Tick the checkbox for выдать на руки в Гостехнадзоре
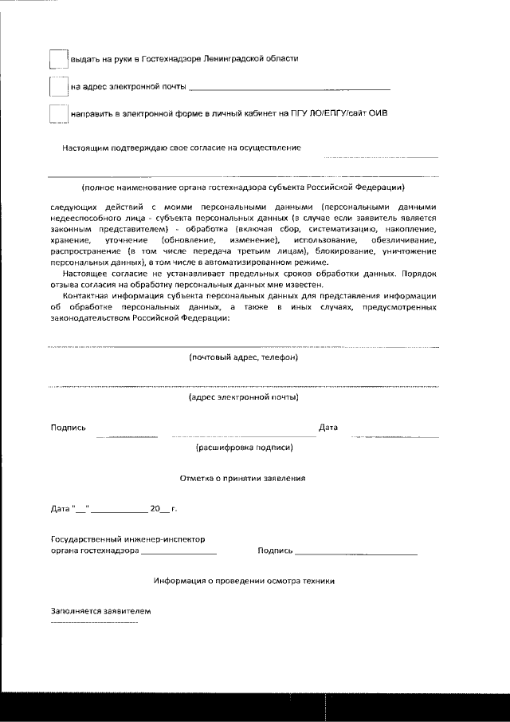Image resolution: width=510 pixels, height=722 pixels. click(x=58, y=59)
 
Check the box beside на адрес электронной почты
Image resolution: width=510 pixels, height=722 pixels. click(x=58, y=86)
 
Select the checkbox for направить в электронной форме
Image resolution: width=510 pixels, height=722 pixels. click(x=58, y=114)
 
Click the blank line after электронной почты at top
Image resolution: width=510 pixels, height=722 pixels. click(x=290, y=88)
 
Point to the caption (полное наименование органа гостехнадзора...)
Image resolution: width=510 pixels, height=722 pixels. click(x=243, y=187)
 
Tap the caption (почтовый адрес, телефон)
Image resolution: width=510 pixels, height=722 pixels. click(x=243, y=357)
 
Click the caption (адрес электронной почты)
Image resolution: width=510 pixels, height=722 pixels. click(x=243, y=397)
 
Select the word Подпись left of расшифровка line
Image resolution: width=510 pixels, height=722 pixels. click(x=69, y=428)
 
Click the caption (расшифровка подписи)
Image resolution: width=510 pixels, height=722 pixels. click(x=244, y=448)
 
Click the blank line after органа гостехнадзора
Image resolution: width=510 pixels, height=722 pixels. click(x=178, y=552)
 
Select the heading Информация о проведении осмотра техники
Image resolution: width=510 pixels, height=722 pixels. click(x=244, y=581)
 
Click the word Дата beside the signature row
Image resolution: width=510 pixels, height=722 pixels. click(x=328, y=428)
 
